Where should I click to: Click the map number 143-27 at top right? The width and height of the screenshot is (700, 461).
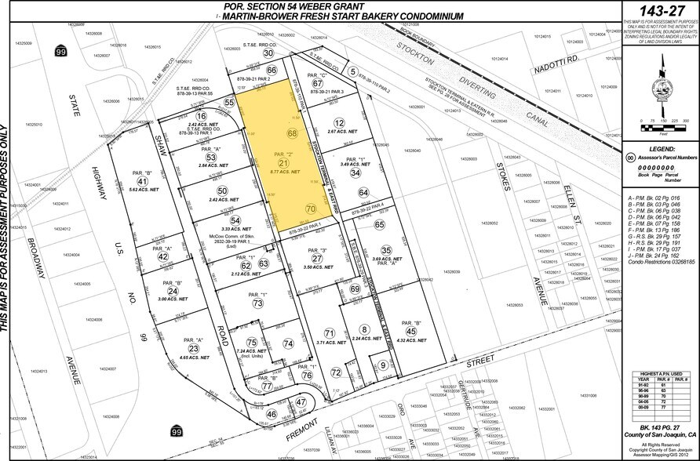658,11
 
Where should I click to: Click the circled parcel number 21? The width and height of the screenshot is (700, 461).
283,162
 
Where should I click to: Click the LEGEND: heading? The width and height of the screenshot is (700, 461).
658,148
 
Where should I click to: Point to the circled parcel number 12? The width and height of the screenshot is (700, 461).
339,123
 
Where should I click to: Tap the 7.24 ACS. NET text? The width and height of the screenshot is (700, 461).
253,351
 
